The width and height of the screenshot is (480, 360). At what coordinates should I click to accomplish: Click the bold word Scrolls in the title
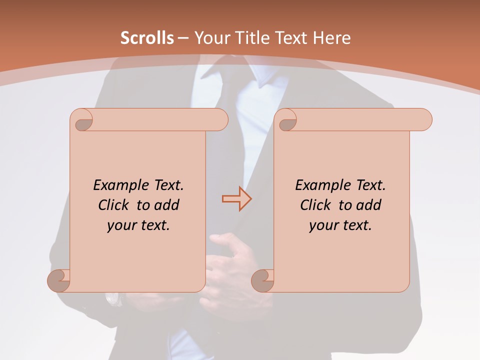click(147, 38)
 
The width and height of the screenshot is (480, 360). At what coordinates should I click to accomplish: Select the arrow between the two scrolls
click(236, 199)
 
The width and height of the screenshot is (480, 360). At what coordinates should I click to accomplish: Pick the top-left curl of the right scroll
click(286, 120)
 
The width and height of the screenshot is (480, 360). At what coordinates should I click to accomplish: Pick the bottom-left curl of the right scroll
click(262, 280)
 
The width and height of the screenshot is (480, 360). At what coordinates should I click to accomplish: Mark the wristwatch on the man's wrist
click(114, 299)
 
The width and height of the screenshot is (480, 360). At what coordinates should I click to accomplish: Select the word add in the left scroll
click(167, 205)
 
